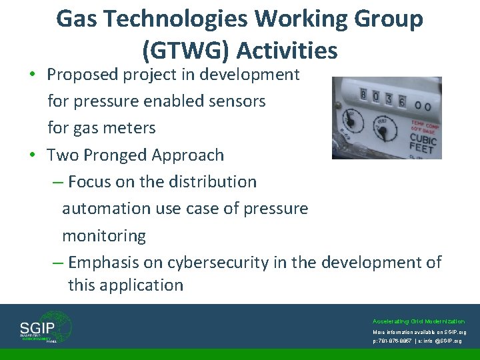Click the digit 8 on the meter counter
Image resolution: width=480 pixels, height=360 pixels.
click(363, 95)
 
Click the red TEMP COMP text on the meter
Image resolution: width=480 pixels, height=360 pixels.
click(426, 125)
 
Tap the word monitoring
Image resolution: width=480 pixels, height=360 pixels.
click(104, 236)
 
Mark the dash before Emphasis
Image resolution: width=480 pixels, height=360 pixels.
click(58, 263)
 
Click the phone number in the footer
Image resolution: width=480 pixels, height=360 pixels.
click(397, 340)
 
